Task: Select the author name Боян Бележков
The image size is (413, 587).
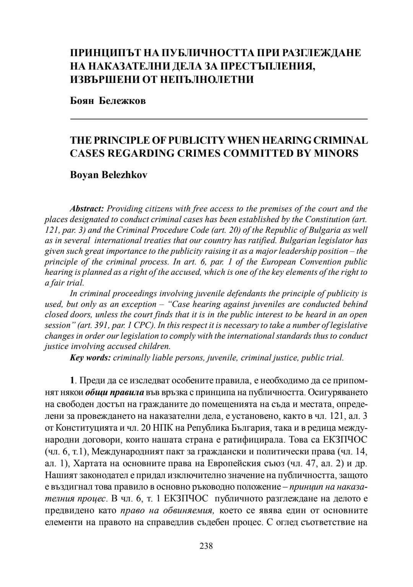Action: [x=108, y=101]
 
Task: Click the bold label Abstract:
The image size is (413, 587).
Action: [x=87, y=209]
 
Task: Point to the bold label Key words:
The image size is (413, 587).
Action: [x=90, y=358]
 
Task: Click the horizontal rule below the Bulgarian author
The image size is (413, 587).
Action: [x=219, y=120]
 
